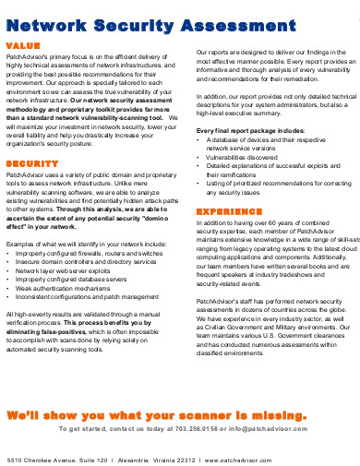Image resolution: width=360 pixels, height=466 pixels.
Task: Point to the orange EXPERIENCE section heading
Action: tap(230, 211)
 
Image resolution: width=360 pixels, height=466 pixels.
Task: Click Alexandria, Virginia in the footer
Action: tap(161, 458)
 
